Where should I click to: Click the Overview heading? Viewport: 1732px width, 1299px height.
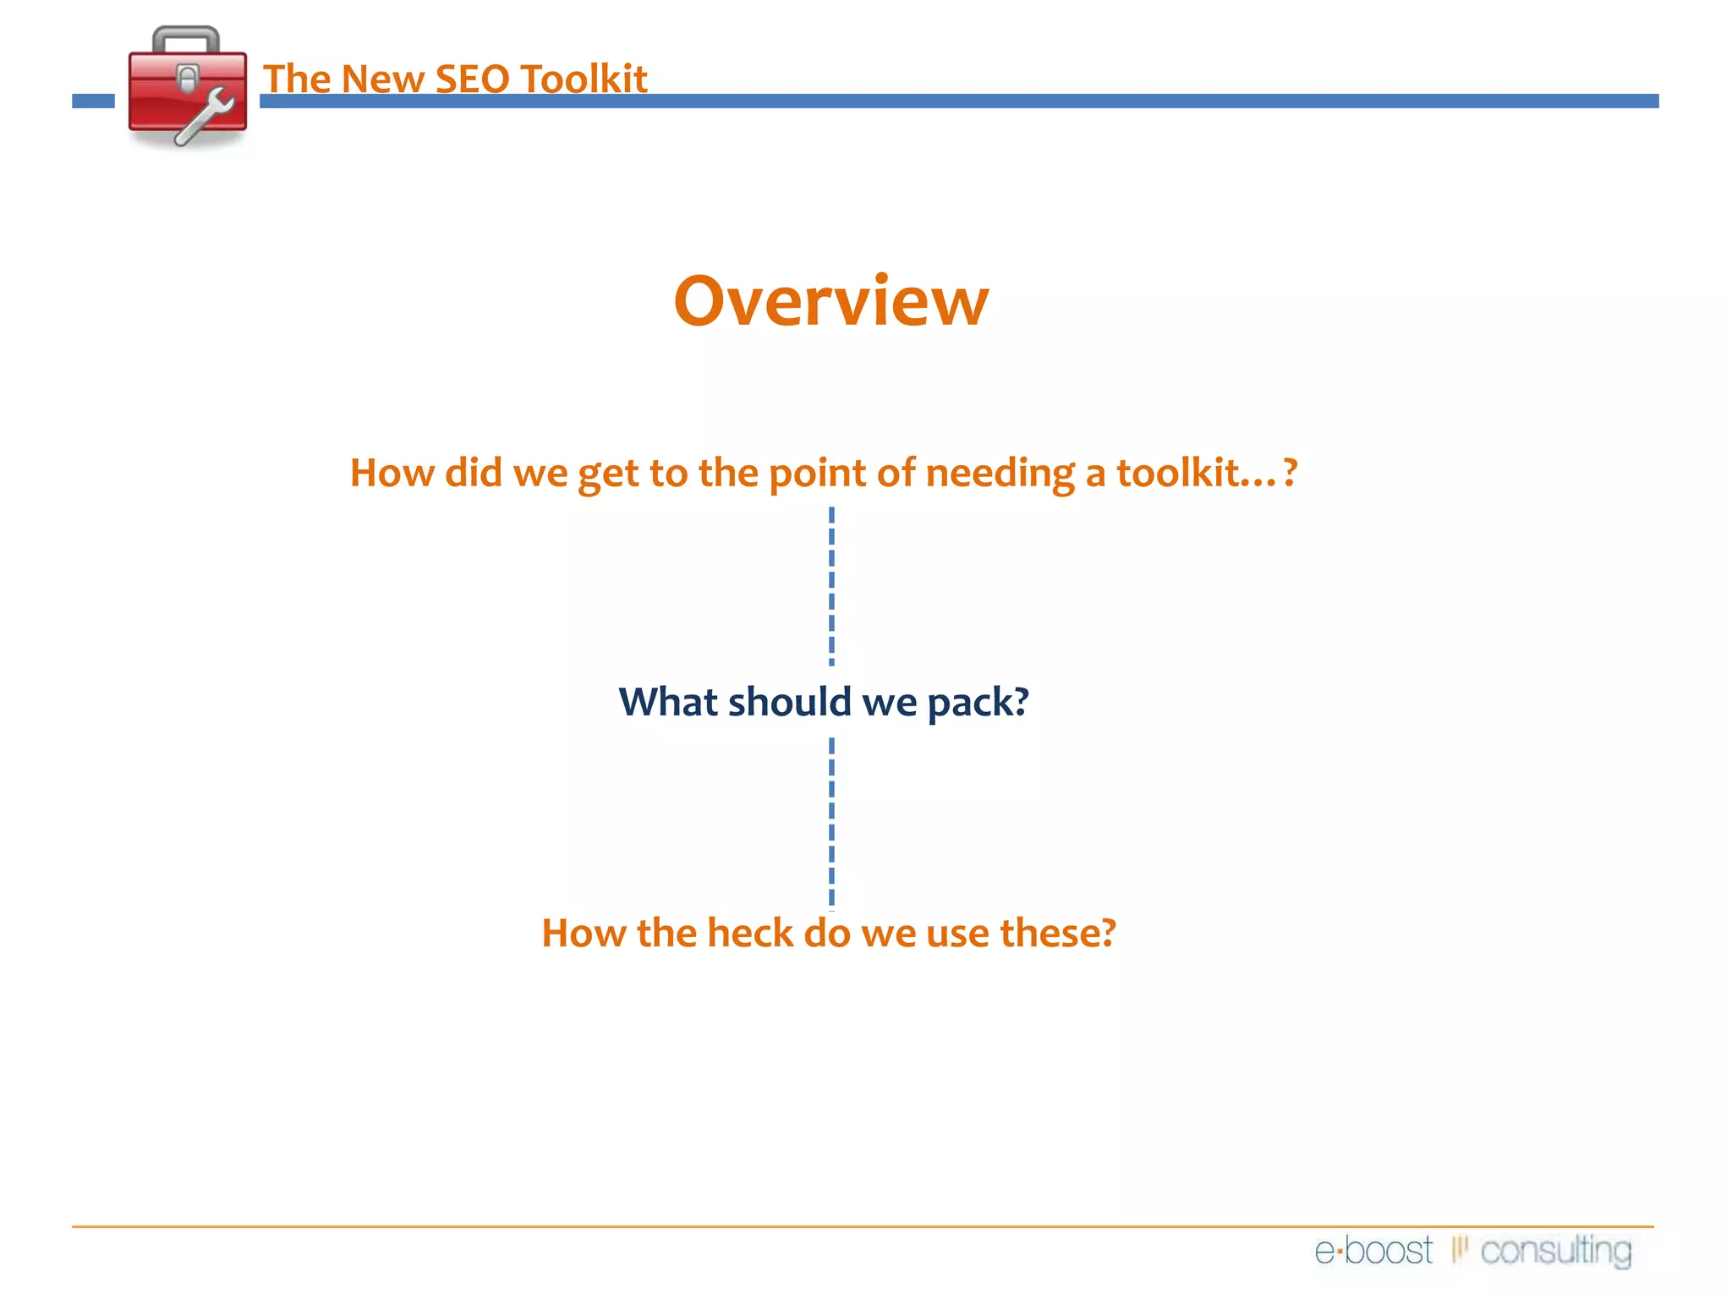coord(830,302)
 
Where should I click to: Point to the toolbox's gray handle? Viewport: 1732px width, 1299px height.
coord(186,37)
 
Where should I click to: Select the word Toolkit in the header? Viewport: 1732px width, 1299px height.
coord(584,79)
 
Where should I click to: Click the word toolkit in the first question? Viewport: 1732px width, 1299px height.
coord(1178,473)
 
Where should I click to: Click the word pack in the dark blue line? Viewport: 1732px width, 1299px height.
coord(968,703)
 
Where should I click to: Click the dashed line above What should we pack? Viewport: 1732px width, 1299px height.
coord(831,585)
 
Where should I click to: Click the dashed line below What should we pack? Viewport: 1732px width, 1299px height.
coord(831,822)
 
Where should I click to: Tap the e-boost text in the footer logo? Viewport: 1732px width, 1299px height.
coord(1373,1251)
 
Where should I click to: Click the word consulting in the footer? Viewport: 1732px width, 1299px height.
coord(1555,1251)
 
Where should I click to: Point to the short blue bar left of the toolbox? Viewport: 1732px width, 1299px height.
coord(93,101)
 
